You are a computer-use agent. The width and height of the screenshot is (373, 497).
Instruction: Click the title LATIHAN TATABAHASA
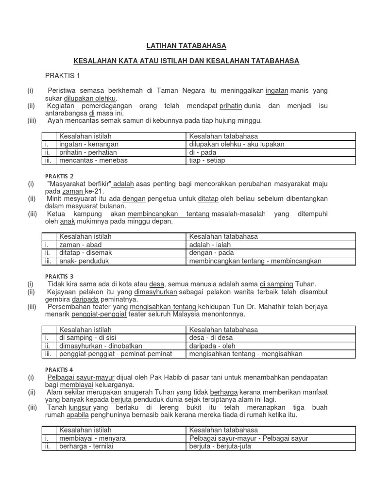click(x=186, y=46)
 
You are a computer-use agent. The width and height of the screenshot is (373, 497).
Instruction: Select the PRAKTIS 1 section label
click(x=62, y=75)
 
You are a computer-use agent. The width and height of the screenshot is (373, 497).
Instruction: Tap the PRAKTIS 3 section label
click(x=59, y=276)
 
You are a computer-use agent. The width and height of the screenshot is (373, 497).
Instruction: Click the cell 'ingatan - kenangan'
click(x=89, y=144)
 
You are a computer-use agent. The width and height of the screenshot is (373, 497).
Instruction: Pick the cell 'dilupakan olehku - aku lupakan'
click(x=237, y=144)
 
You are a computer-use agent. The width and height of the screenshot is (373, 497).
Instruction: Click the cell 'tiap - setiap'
click(x=207, y=160)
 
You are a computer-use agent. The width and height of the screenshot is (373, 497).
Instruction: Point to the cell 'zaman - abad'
click(x=81, y=245)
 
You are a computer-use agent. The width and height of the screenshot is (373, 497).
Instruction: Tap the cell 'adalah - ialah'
click(x=210, y=245)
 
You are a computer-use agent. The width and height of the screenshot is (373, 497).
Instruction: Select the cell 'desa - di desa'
click(x=211, y=337)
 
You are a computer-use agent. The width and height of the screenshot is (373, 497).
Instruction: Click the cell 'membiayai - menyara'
click(x=92, y=438)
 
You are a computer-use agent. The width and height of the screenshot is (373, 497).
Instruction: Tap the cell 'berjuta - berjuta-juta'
click(x=220, y=446)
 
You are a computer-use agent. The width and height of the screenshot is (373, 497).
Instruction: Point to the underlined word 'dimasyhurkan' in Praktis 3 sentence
click(x=155, y=292)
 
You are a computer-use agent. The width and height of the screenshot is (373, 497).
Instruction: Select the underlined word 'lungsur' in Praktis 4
click(x=80, y=408)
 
